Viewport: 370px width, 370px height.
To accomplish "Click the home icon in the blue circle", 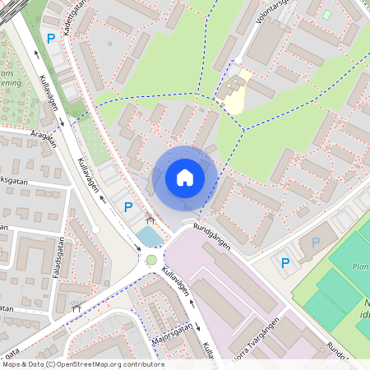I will click(x=185, y=178).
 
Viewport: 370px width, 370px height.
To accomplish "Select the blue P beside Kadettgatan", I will click(x=51, y=39).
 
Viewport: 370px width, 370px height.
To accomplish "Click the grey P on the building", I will click(x=316, y=243).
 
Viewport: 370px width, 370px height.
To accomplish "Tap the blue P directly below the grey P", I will click(x=285, y=263).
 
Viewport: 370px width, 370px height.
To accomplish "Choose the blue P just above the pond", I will click(x=127, y=207).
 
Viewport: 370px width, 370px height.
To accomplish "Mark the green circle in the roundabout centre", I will click(x=151, y=261).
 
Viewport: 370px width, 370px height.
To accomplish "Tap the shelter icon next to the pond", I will click(x=150, y=220).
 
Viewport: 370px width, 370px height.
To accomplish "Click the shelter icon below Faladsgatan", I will click(x=76, y=308).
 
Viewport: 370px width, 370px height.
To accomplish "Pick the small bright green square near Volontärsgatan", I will click(x=326, y=15).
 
